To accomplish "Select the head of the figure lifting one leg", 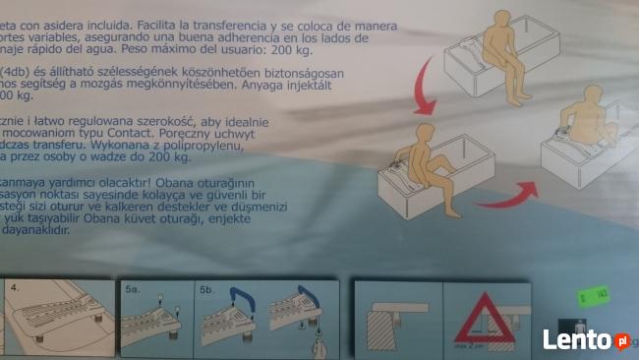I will [426, 135].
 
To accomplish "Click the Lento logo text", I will [578, 340].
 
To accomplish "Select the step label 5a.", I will [134, 291].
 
